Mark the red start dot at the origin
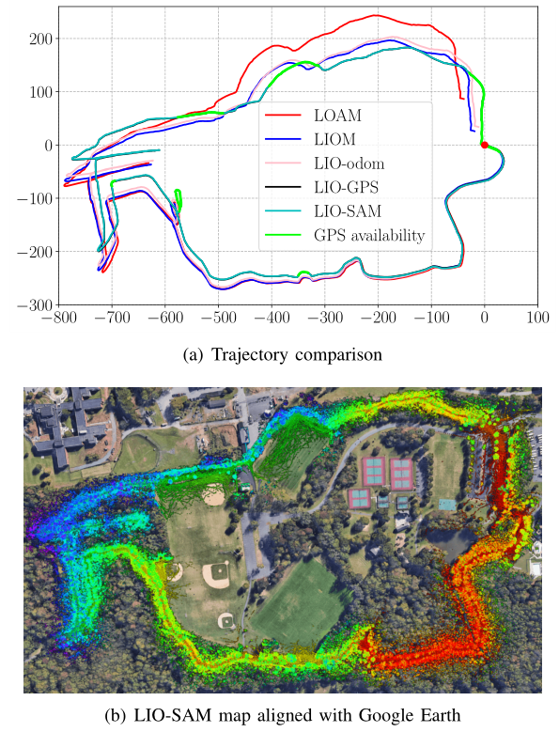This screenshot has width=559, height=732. pos(484,145)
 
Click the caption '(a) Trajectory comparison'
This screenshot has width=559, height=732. pos(280,354)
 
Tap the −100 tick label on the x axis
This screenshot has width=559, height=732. pos(430,318)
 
